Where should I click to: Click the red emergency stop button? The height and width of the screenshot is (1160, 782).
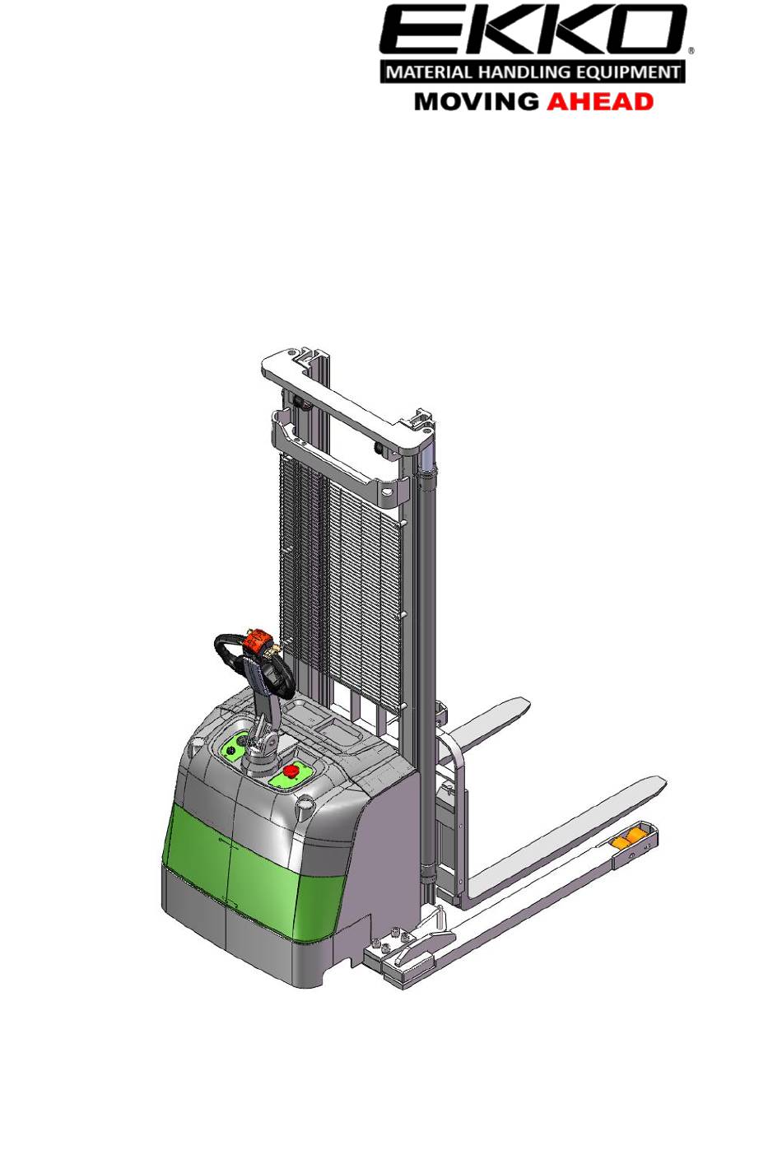click(290, 771)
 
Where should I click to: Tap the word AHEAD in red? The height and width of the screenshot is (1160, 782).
click(600, 101)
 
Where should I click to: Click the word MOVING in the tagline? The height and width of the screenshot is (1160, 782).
click(477, 101)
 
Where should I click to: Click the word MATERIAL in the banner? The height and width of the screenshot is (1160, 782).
click(430, 72)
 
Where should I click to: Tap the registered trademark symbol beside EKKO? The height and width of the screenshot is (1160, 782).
click(691, 51)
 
